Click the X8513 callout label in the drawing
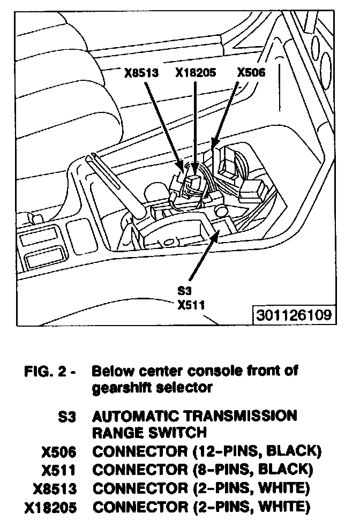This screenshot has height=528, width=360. pyautogui.click(x=142, y=73)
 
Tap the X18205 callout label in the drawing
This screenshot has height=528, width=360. pyautogui.click(x=196, y=73)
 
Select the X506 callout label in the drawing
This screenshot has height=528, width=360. pyautogui.click(x=251, y=73)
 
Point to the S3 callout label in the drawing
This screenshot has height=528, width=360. pyautogui.click(x=184, y=292)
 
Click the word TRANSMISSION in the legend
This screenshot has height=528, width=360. pyautogui.click(x=236, y=416)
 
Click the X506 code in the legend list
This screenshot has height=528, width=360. pyautogui.click(x=59, y=451)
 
